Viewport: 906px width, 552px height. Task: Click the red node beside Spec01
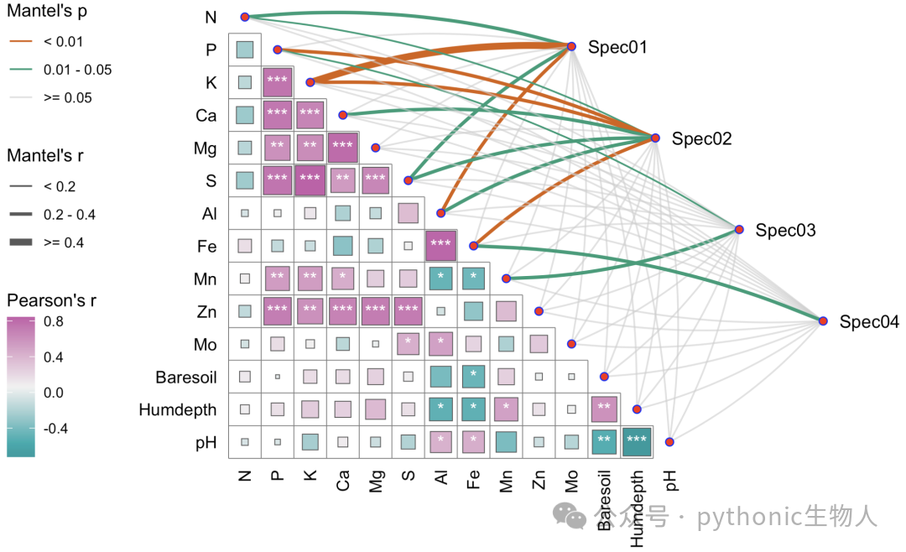pyautogui.click(x=571, y=46)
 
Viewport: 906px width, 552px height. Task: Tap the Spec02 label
pyautogui.click(x=701, y=138)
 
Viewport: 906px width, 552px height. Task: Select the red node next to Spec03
pyautogui.click(x=739, y=230)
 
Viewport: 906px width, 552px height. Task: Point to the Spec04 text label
pyautogui.click(x=869, y=321)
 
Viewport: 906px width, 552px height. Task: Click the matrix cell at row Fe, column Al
pyautogui.click(x=441, y=246)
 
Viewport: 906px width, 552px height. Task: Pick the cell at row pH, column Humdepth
pyautogui.click(x=637, y=442)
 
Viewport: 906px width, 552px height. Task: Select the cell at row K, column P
pyautogui.click(x=278, y=82)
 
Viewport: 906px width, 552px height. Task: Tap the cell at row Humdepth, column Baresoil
pyautogui.click(x=604, y=409)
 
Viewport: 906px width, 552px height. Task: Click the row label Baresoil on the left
pyautogui.click(x=186, y=378)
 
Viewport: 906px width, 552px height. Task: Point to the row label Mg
pyautogui.click(x=206, y=149)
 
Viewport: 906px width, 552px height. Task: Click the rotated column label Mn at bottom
pyautogui.click(x=506, y=481)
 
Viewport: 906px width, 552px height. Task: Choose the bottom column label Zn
pyautogui.click(x=539, y=480)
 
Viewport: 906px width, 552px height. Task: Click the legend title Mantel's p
pyautogui.click(x=47, y=12)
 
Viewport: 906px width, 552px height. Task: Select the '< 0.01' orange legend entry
pyautogui.click(x=46, y=42)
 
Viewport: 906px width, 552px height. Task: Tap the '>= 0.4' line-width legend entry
pyautogui.click(x=46, y=242)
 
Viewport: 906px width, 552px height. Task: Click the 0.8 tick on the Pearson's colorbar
pyautogui.click(x=54, y=321)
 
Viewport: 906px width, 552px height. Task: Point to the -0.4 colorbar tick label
pyautogui.click(x=55, y=429)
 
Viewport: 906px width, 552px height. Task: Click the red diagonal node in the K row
pyautogui.click(x=310, y=83)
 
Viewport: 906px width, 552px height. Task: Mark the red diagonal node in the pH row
pyautogui.click(x=669, y=442)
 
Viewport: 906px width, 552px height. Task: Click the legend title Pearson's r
pyautogui.click(x=51, y=300)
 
